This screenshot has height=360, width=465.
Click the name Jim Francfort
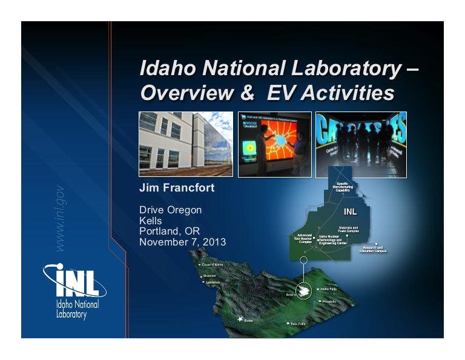[177, 188]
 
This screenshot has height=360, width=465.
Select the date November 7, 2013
[182, 242]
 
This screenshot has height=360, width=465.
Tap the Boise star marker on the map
[240, 319]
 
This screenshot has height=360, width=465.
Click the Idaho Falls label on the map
[332, 289]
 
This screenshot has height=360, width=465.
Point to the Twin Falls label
[298, 324]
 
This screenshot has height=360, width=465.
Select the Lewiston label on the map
[213, 282]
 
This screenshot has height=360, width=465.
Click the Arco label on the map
[289, 295]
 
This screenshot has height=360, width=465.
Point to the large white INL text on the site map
[350, 213]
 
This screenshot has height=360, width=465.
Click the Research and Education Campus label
[372, 249]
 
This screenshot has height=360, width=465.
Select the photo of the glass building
[185, 144]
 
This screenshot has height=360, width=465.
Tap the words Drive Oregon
[170, 210]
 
